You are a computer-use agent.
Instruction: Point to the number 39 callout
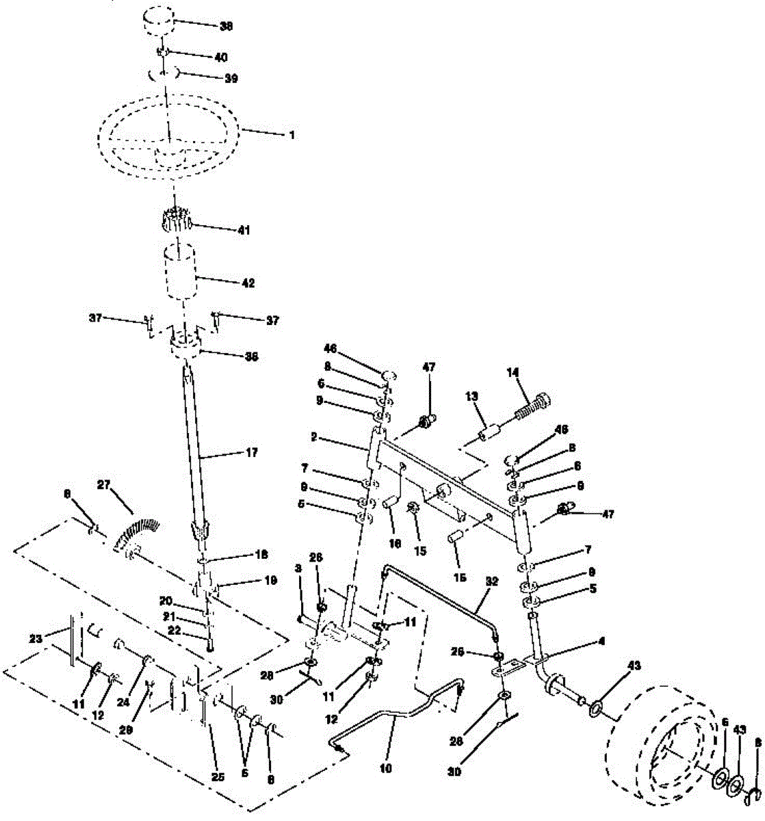pos(231,79)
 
